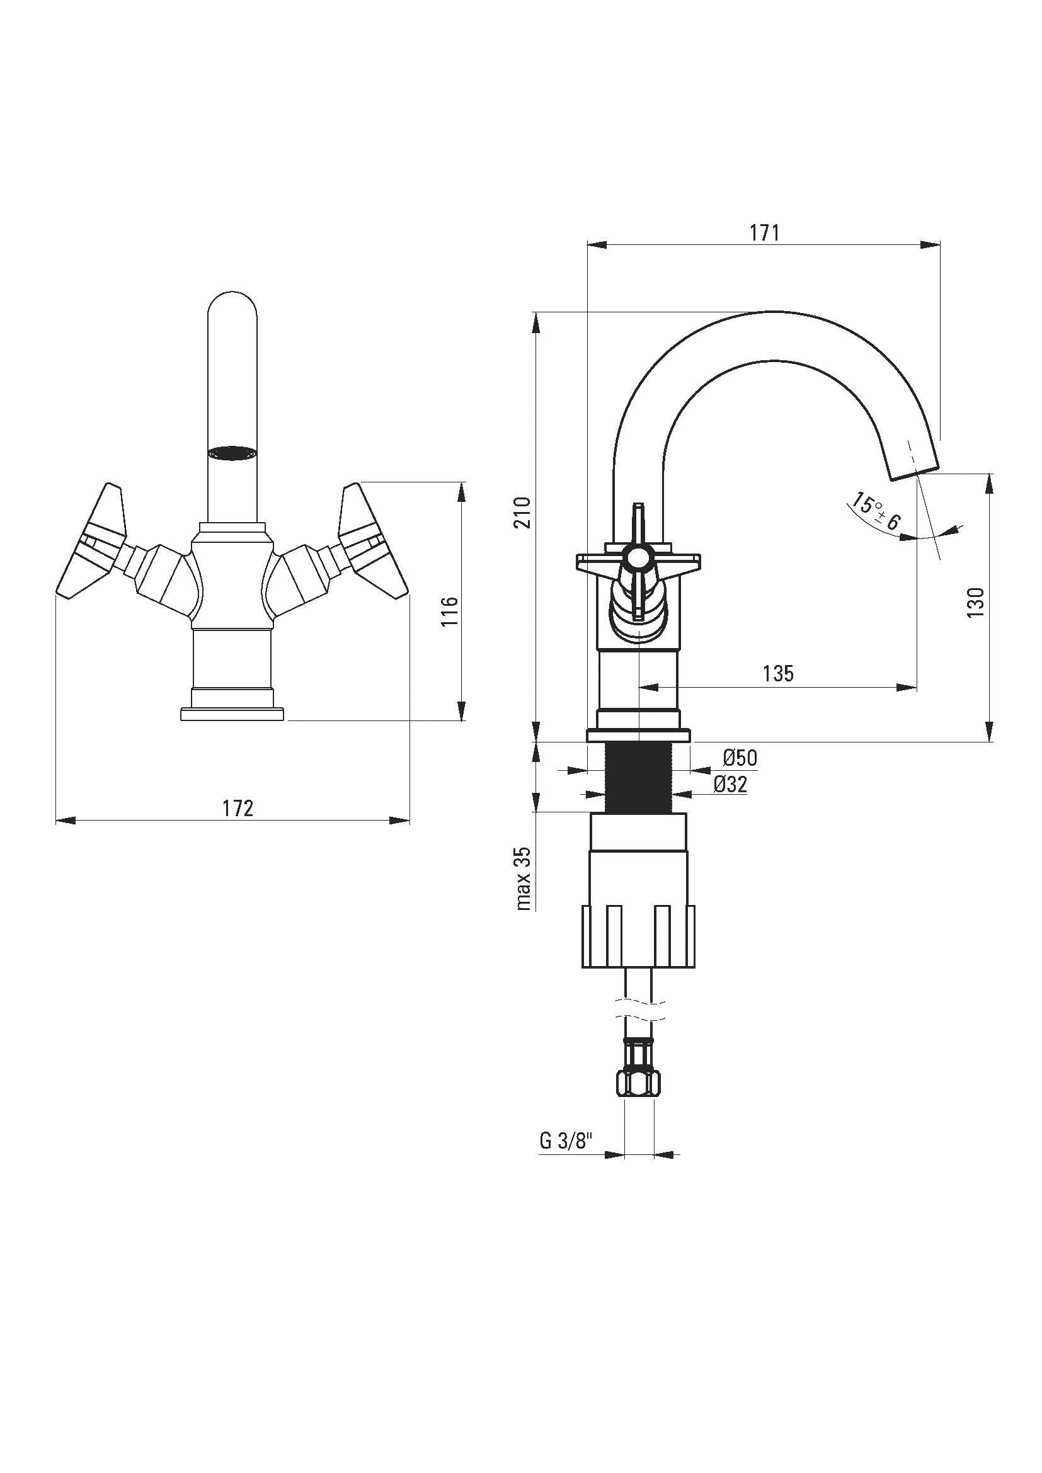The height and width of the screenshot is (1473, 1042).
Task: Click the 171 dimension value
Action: [765, 233]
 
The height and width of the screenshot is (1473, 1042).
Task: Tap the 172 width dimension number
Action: [238, 809]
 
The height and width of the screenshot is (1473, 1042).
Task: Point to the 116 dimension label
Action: [451, 611]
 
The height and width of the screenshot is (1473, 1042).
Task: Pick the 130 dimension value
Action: [976, 603]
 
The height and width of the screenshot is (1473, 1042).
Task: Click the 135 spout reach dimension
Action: [778, 674]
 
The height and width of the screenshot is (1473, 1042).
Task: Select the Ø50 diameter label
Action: [740, 758]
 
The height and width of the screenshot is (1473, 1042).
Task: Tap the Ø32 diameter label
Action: [731, 784]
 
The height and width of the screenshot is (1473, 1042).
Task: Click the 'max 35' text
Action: [524, 879]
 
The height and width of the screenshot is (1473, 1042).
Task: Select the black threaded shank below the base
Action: [639, 777]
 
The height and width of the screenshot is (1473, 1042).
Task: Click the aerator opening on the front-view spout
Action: [232, 453]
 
